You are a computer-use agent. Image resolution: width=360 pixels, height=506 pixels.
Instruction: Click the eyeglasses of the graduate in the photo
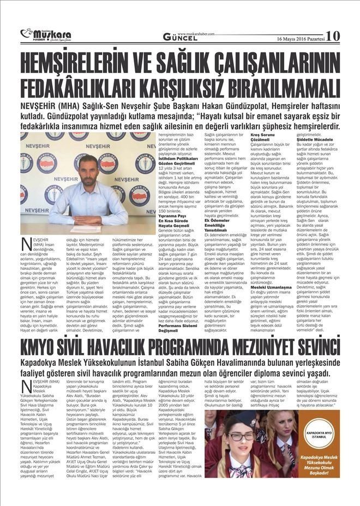[x=242, y=436]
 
